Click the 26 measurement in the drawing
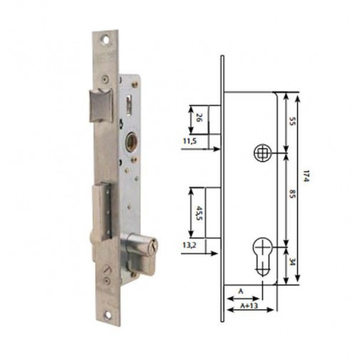pos(197,119)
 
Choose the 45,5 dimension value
pos(198,214)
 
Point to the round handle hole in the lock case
pos(132,140)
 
